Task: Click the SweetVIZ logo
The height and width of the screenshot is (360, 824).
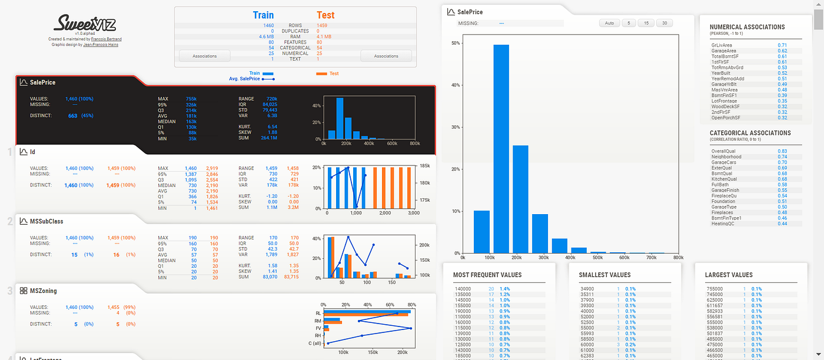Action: click(x=84, y=24)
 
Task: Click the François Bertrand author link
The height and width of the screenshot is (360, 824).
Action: click(x=106, y=39)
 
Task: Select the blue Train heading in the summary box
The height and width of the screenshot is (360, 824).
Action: click(x=263, y=15)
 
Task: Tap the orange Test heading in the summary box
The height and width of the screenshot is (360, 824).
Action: click(x=325, y=15)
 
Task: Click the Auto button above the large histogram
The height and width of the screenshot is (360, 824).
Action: click(x=609, y=23)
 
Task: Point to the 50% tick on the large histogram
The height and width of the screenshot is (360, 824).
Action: click(x=456, y=43)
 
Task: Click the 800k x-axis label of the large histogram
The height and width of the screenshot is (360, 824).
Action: click(x=678, y=258)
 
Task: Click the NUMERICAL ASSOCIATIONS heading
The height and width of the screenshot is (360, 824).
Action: click(x=747, y=27)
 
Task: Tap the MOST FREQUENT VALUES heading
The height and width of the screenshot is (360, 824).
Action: click(x=487, y=275)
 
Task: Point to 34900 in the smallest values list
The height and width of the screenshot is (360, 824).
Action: click(x=587, y=289)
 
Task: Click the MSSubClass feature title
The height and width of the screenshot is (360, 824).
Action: click(x=46, y=221)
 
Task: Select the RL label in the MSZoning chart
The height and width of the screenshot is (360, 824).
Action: click(x=318, y=314)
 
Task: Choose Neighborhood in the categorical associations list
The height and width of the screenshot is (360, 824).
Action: click(x=726, y=157)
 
